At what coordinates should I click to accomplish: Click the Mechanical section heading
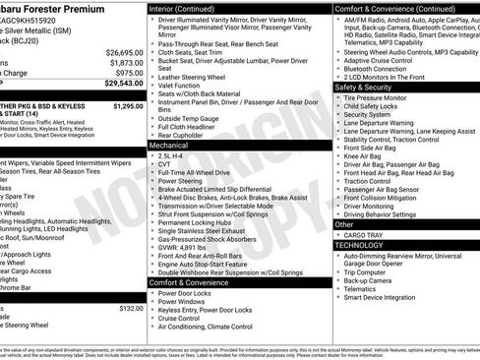[x=171, y=144]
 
